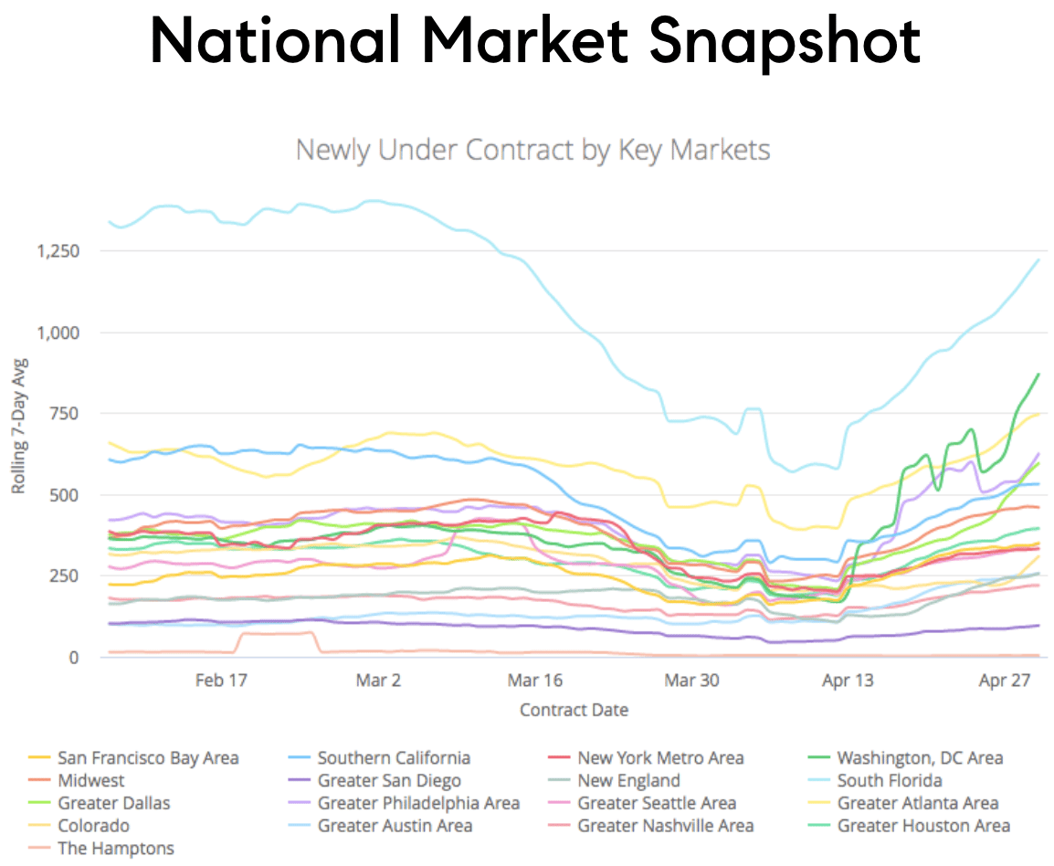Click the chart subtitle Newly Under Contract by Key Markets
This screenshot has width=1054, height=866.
[x=532, y=149]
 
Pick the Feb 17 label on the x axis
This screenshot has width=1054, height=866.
[x=222, y=681]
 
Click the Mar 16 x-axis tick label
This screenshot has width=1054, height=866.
[x=535, y=681]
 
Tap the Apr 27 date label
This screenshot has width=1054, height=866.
[x=1006, y=681]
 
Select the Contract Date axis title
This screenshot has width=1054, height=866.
[x=574, y=710]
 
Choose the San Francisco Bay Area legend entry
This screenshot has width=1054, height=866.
[x=147, y=758]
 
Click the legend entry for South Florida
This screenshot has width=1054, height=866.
[x=889, y=781]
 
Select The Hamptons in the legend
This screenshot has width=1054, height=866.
[x=115, y=849]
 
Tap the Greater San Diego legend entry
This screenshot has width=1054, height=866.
[x=389, y=781]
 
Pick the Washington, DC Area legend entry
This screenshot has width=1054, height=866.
[x=919, y=758]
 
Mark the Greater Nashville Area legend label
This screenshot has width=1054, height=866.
[x=665, y=826]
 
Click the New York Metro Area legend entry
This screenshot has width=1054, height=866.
[x=659, y=758]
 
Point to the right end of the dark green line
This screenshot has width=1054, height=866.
[x=1038, y=374]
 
